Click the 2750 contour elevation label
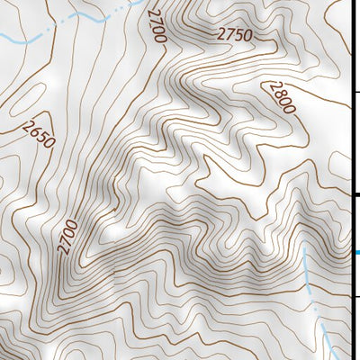pos(233,35)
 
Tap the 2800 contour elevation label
pos(279,97)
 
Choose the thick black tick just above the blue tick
pos(355,194)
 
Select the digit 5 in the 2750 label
pos(238,36)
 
